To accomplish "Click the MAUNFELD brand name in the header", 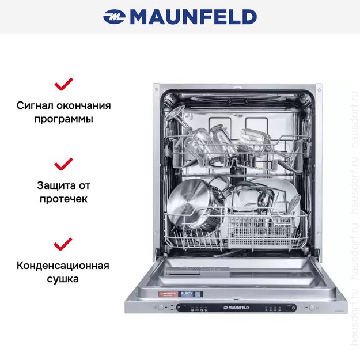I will (x=193, y=17).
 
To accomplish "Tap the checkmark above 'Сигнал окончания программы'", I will (x=63, y=85).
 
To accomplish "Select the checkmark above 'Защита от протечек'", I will (x=63, y=164).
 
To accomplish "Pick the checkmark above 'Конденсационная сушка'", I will (x=63, y=244).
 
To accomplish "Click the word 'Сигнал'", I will (x=35, y=106).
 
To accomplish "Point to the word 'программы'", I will (x=63, y=120).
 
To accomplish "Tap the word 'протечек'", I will (x=63, y=199).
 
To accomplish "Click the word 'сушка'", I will (x=63, y=279).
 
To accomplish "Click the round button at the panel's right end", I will (x=312, y=308).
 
